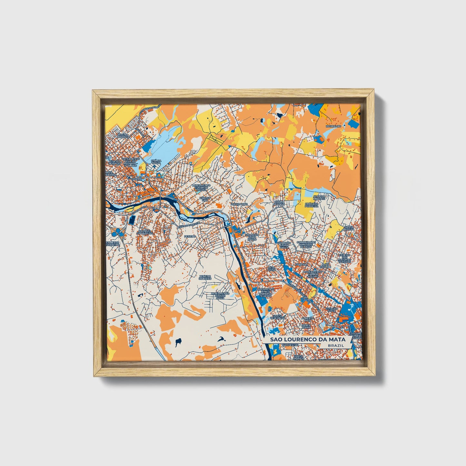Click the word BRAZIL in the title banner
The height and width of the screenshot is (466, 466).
pos(335,345)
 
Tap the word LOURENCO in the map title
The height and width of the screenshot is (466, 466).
pos(301,339)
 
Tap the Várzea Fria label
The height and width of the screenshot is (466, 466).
pos(204,199)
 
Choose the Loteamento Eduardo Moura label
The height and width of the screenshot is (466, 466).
pos(201,187)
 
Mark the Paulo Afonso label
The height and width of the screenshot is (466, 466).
pos(279,203)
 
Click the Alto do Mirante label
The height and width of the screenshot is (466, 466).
pos(320,197)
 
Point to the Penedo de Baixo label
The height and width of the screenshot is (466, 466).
pos(205,277)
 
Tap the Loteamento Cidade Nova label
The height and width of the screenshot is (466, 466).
pos(220,296)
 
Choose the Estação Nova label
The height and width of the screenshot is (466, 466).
pos(332,310)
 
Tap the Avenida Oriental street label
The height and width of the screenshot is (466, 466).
pos(190,224)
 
